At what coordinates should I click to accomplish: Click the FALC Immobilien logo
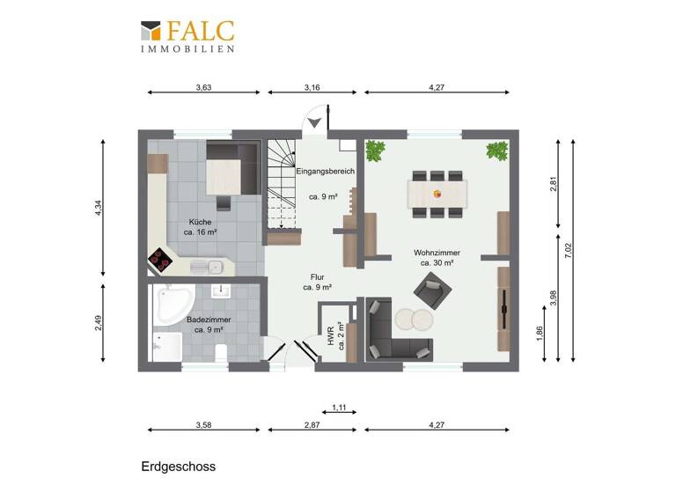(x=187, y=36)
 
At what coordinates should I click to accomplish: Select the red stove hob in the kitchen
(x=161, y=259)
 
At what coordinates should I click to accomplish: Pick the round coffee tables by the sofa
(x=413, y=317)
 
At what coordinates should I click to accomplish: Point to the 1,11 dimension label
(x=339, y=407)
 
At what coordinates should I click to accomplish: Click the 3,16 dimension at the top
(x=312, y=87)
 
